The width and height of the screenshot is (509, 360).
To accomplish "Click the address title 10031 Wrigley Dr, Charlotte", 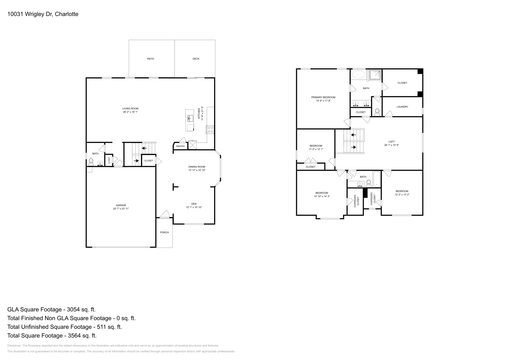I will (x=43, y=14).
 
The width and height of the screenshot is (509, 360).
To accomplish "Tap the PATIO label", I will (x=150, y=59).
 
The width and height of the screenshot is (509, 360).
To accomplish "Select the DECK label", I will (x=196, y=59).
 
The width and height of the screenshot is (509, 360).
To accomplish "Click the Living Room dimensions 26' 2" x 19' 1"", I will (x=130, y=112).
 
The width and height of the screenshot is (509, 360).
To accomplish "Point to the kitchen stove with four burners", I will (x=210, y=129).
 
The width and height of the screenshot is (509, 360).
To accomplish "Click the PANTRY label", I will (x=180, y=146).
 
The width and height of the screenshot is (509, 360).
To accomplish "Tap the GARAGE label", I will (x=121, y=205).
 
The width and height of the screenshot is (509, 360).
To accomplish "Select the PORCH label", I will (x=164, y=232).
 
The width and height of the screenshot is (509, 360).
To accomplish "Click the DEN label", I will (x=194, y=204).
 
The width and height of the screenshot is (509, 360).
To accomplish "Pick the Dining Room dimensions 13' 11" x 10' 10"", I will (x=197, y=170).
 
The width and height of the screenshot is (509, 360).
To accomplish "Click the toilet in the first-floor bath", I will (x=91, y=162).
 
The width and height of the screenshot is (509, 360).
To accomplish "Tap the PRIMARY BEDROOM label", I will (x=323, y=97).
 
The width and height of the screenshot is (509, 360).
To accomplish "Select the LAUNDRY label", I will (x=402, y=107).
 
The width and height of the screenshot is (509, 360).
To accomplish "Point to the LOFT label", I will (x=391, y=142).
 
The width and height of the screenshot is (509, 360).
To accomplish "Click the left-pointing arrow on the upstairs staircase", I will (x=353, y=135).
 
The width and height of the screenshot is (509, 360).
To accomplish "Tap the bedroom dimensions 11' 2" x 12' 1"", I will (x=316, y=149).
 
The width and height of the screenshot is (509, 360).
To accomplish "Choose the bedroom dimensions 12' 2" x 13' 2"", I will (x=402, y=195).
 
